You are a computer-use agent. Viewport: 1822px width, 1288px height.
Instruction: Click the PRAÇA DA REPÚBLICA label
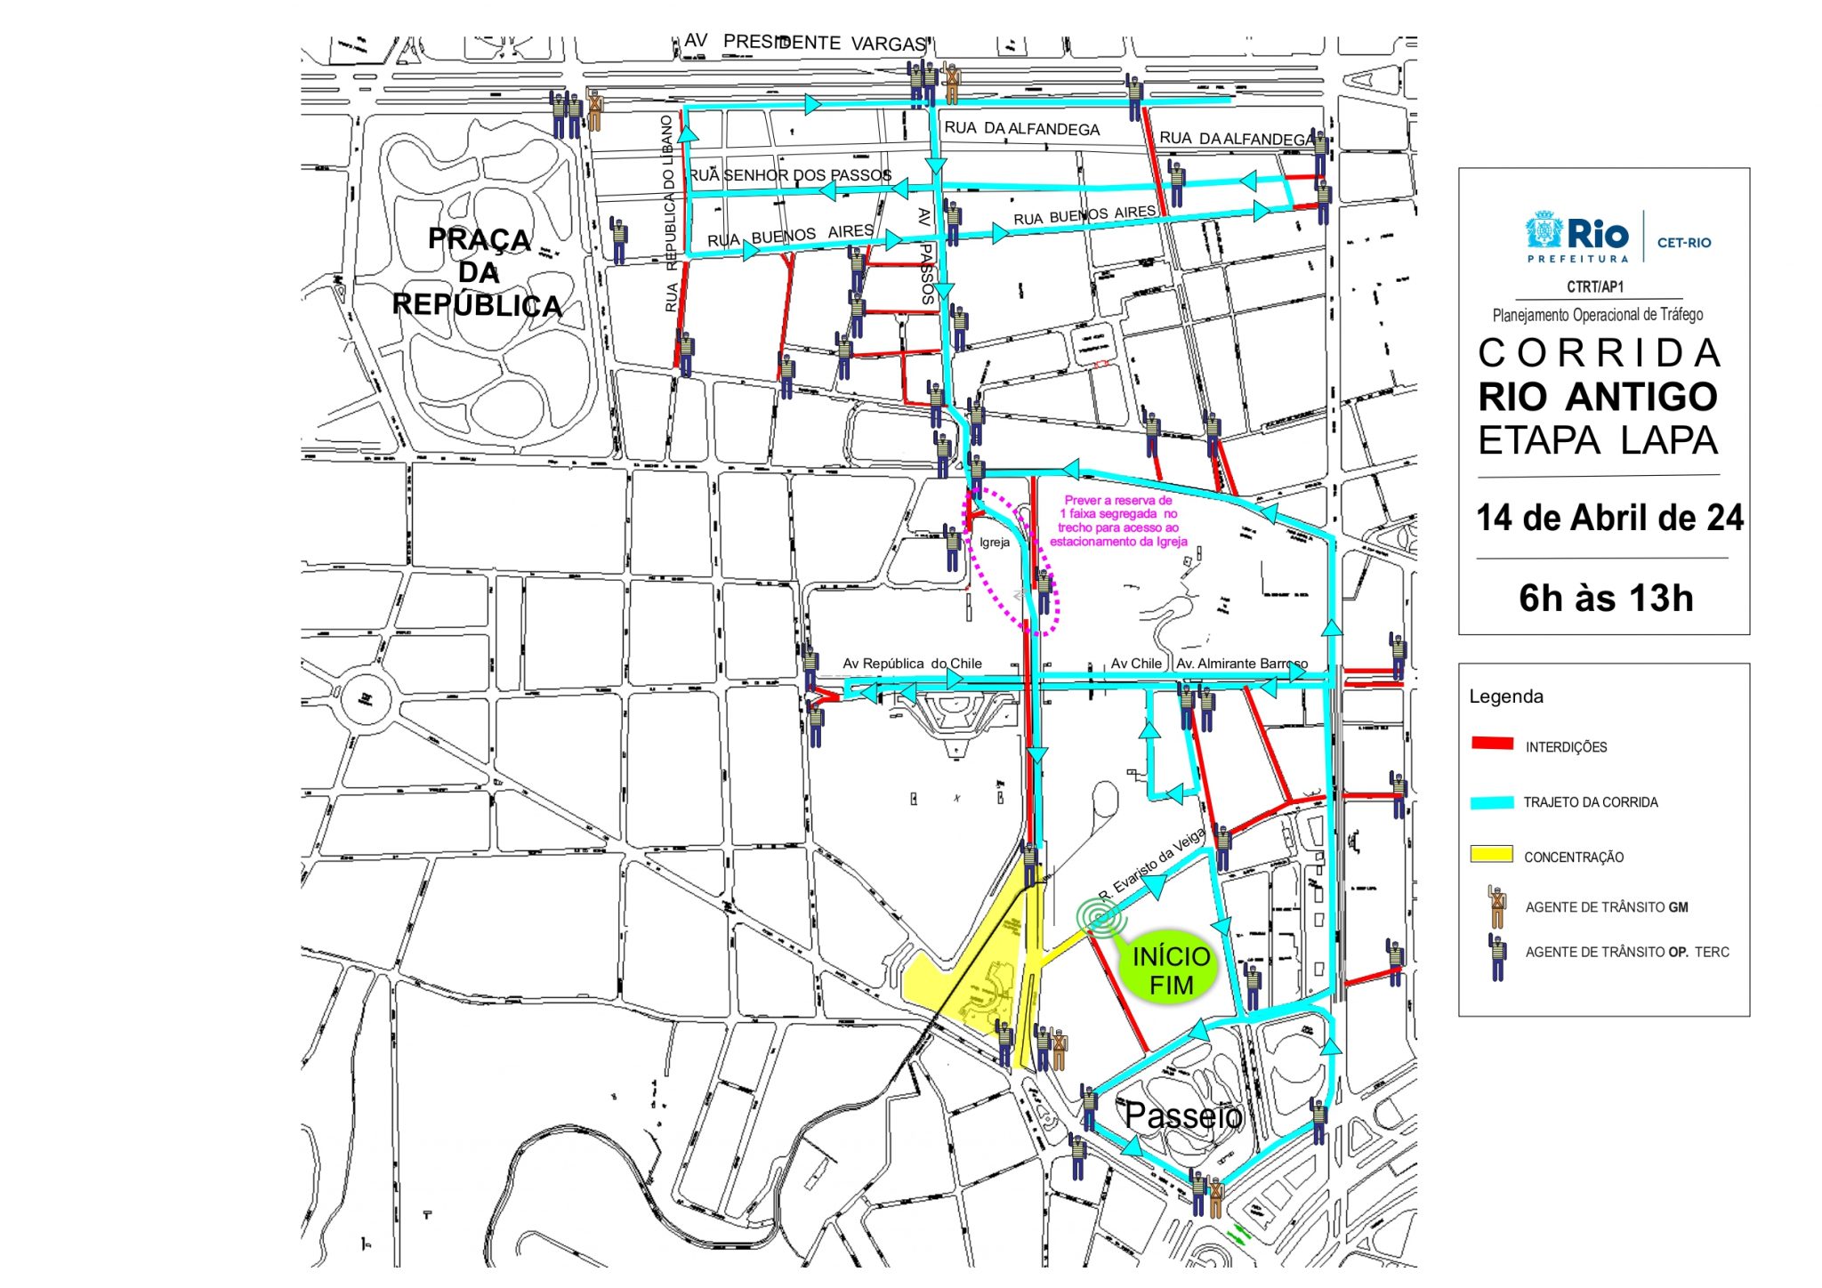(478, 272)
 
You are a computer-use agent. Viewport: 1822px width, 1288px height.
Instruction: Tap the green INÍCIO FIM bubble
(1170, 970)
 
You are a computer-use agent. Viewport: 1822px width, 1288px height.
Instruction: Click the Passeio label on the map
(1182, 1115)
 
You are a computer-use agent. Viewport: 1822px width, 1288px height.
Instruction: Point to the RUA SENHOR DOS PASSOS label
(790, 175)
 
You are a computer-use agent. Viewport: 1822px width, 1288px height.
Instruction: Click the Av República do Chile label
(912, 664)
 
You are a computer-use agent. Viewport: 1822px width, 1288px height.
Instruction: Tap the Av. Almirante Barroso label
(1241, 664)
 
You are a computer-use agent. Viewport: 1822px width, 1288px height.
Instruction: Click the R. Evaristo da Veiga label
(1152, 864)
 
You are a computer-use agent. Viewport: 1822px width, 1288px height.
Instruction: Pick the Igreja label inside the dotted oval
(995, 543)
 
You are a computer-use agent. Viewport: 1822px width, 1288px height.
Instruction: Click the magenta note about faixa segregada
(1118, 521)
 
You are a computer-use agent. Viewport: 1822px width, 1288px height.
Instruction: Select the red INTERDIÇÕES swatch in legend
(1492, 744)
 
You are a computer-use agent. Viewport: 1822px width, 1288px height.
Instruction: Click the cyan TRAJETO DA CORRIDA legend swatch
(1492, 801)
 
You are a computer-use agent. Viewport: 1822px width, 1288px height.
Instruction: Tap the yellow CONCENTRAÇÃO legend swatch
(1492, 855)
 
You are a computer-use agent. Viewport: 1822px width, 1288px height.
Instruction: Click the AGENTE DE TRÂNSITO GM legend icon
(1497, 906)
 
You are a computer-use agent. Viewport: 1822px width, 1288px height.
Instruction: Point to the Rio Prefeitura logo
(1576, 237)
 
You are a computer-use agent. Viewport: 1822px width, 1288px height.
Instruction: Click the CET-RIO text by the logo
(1683, 243)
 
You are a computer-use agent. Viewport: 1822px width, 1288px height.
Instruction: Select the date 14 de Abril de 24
(1608, 518)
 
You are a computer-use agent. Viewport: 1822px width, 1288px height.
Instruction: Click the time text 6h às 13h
(1606, 599)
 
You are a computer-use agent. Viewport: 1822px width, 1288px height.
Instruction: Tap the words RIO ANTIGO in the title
(1598, 397)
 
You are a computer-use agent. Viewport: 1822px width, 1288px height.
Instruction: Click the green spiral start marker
(1101, 918)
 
